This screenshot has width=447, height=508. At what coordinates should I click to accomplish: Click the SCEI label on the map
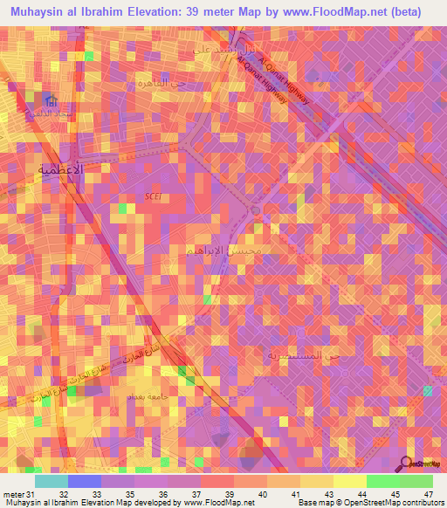(x=152, y=197)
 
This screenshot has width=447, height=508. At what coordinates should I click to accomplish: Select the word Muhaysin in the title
(x=40, y=12)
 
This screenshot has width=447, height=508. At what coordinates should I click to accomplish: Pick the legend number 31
(x=32, y=494)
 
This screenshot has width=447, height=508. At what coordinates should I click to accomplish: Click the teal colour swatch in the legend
(x=52, y=481)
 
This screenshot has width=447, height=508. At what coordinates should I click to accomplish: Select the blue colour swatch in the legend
(x=85, y=481)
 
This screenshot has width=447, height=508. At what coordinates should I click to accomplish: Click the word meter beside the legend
(x=13, y=494)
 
